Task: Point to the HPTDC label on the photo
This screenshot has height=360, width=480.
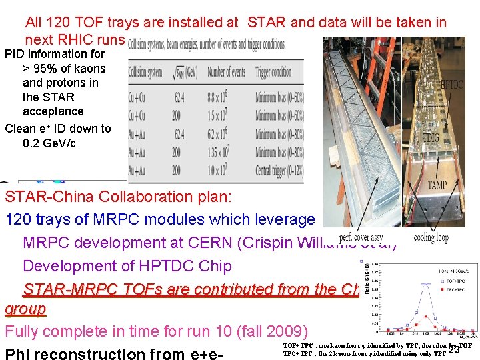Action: click(x=451, y=85)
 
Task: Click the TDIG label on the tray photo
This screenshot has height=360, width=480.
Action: click(x=431, y=137)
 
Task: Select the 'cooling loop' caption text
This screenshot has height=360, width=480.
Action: click(x=431, y=237)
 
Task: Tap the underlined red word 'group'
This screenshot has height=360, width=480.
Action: click(x=25, y=309)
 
